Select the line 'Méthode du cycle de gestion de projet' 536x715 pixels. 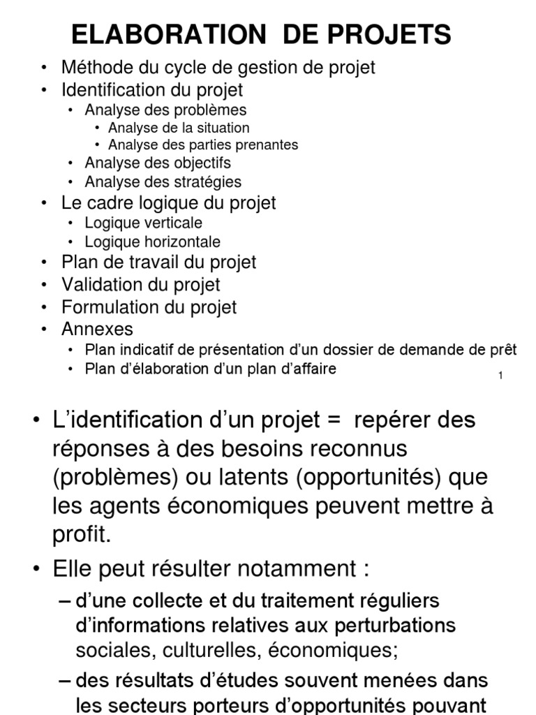[x=218, y=68]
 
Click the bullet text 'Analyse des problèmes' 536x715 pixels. [x=165, y=110]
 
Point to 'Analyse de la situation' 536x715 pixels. [x=179, y=128]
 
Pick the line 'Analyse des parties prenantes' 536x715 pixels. [x=203, y=145]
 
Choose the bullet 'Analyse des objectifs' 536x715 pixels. [x=158, y=163]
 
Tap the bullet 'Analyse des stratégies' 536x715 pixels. [x=163, y=182]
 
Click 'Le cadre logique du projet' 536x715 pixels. [x=169, y=203]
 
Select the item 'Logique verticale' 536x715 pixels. [x=144, y=223]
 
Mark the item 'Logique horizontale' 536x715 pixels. [x=152, y=242]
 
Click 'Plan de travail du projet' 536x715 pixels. [x=159, y=263]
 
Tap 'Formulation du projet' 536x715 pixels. [x=149, y=307]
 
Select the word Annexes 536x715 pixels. [x=97, y=329]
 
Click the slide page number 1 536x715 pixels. [x=501, y=376]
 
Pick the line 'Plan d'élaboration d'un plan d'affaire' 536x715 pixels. [x=210, y=369]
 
